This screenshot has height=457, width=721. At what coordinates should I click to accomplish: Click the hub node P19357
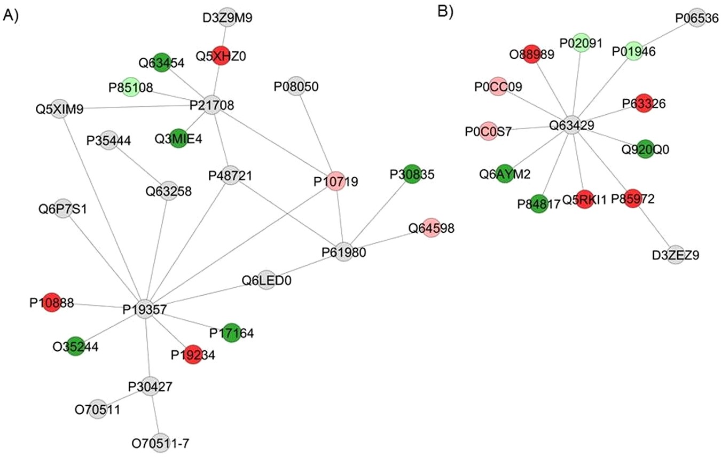[x=145, y=309]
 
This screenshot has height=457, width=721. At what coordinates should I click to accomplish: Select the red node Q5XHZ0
[x=221, y=56]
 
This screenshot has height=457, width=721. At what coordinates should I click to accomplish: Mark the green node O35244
[x=76, y=347]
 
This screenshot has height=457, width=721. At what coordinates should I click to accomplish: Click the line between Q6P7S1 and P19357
[x=104, y=256]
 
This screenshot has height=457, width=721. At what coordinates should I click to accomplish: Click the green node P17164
[x=231, y=333]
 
